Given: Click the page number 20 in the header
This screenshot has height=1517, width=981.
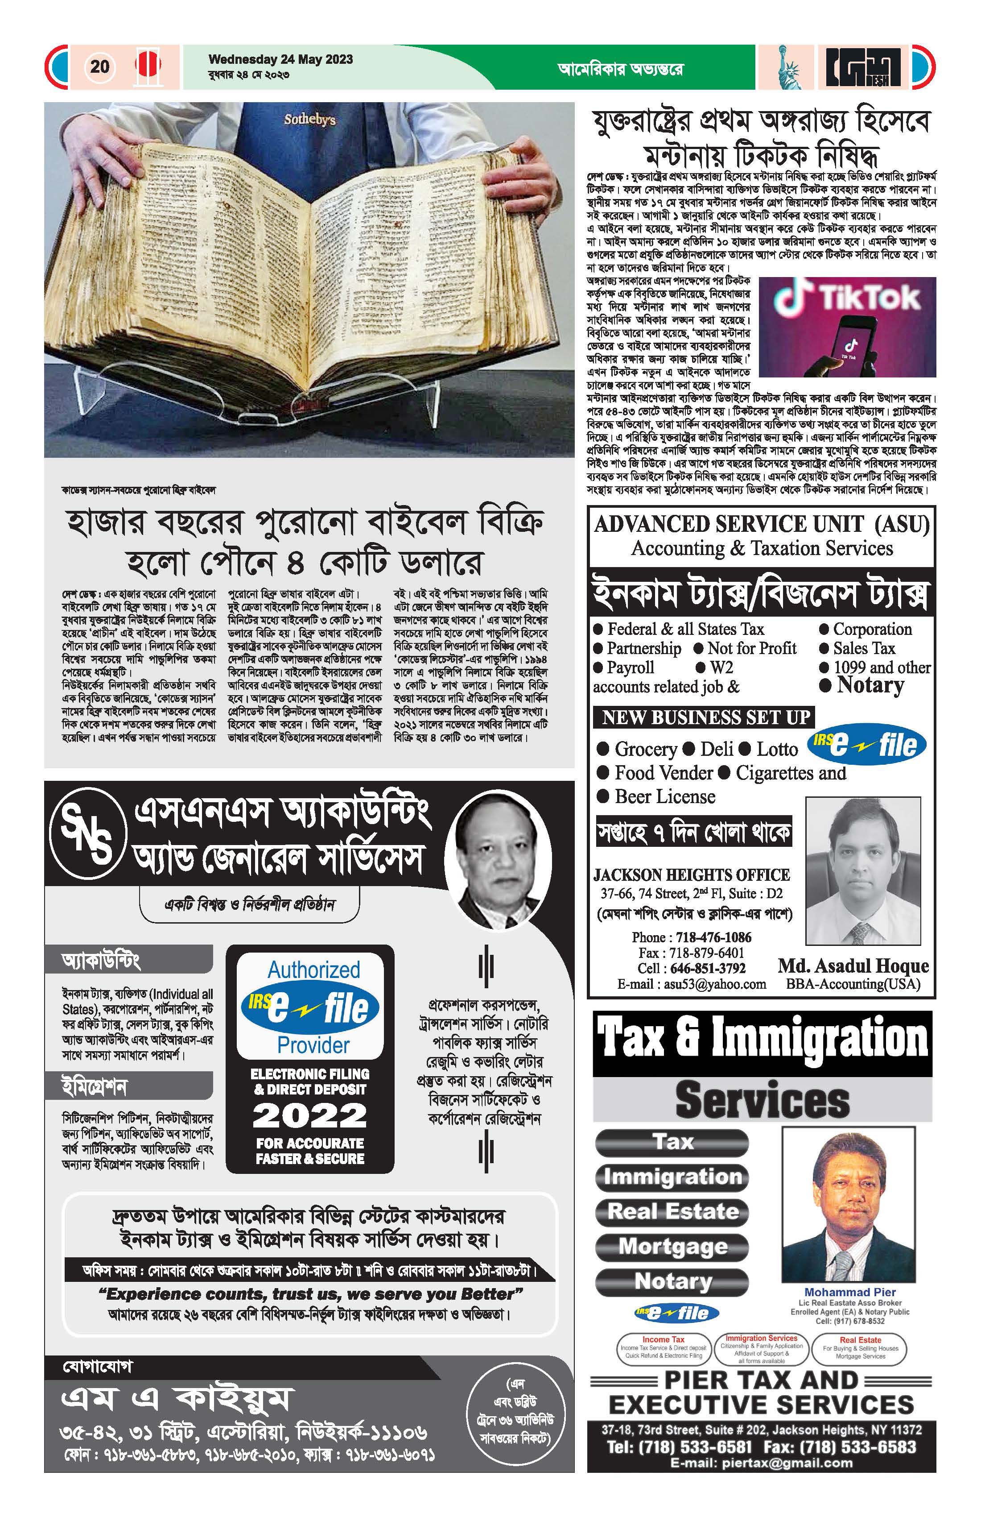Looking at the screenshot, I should pos(100,66).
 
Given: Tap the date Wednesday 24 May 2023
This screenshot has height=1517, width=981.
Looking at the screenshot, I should pos(280,59).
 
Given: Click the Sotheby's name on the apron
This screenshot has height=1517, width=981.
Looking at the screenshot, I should pos(309,119).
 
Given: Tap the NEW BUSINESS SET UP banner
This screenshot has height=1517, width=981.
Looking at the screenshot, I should pos(706,717).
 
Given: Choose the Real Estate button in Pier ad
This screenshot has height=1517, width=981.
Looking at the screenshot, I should pos(673,1210).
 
